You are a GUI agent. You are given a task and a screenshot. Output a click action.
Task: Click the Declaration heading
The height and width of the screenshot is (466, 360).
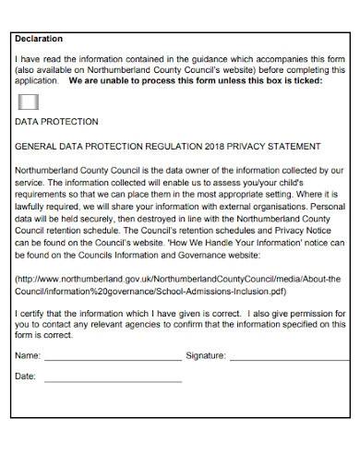[x=39, y=39]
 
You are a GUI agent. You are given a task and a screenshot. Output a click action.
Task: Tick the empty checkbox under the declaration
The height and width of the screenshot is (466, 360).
[x=29, y=101]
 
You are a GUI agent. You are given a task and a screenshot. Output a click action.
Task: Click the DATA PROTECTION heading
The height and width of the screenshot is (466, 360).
[x=56, y=122]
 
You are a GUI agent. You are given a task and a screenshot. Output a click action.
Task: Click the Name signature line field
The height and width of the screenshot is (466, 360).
[x=113, y=355]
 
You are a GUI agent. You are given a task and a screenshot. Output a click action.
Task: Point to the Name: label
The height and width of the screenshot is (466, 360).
[x=28, y=354]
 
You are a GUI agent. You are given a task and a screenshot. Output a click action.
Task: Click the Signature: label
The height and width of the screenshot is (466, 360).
[x=206, y=354]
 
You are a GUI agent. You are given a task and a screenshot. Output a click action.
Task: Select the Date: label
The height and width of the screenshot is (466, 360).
[x=26, y=376]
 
